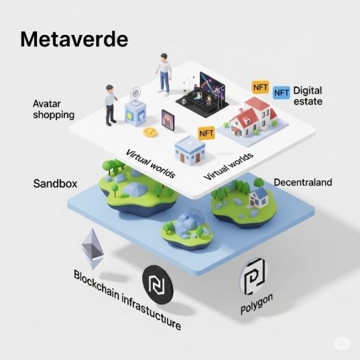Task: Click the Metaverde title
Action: pos(74,40)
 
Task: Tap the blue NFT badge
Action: pos(282,93)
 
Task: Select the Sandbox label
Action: pos(55,184)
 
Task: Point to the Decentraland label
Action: pos(303,182)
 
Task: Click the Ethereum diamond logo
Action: pos(93,249)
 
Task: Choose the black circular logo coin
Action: pos(158,284)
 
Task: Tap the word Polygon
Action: pos(257,304)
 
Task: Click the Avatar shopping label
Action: pos(54,109)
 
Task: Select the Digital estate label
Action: pos(308,96)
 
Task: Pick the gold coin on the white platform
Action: pos(151,132)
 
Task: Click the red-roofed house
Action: pos(253,117)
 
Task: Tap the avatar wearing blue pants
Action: pos(164,74)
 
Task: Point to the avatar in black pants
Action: pos(111,105)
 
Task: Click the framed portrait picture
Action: pos(168,120)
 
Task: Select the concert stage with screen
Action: pos(202,95)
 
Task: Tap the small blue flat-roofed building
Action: pos(190,149)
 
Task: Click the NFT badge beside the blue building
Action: pos(206,133)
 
